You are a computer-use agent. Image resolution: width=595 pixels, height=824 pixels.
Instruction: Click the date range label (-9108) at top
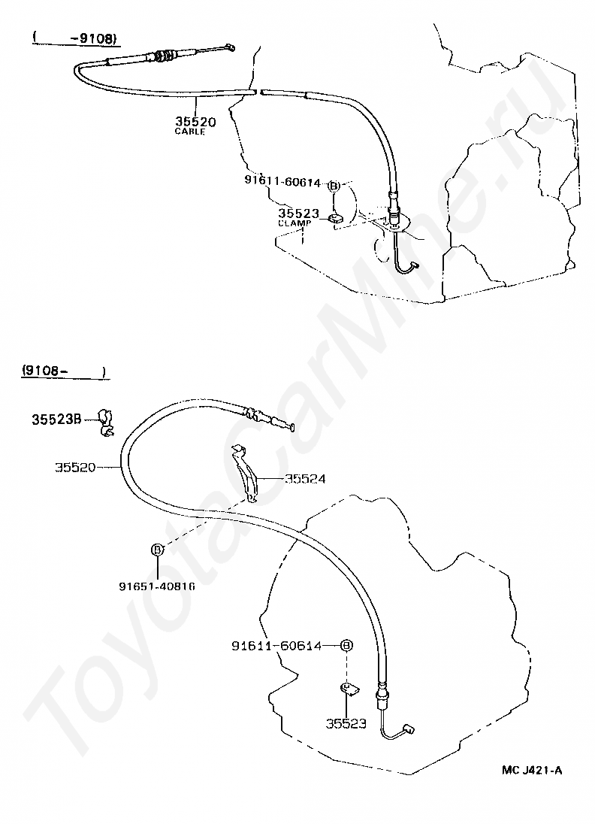click(x=75, y=37)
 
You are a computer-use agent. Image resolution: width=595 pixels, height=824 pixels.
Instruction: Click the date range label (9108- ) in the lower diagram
click(x=63, y=371)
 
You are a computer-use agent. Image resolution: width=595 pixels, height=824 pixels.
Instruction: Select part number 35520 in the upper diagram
click(x=195, y=121)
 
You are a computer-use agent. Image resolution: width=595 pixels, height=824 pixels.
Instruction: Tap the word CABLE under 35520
click(x=189, y=132)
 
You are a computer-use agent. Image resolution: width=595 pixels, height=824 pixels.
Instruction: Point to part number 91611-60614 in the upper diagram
click(x=282, y=182)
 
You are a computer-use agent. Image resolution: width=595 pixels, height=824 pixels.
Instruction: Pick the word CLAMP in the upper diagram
click(x=294, y=223)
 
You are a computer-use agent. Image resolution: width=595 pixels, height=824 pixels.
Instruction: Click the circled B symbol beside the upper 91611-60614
click(x=334, y=184)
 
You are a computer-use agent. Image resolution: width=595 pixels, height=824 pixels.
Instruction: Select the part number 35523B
click(x=56, y=420)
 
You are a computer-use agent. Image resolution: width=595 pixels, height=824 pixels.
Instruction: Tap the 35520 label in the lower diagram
click(x=75, y=467)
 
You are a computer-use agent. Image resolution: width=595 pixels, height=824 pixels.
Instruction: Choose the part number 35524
click(x=305, y=478)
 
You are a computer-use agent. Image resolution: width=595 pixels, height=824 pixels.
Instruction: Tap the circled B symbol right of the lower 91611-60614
click(x=346, y=645)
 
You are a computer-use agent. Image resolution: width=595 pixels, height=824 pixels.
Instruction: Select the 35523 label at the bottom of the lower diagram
click(x=346, y=723)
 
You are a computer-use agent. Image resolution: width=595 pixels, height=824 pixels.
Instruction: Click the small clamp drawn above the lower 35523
click(x=349, y=688)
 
